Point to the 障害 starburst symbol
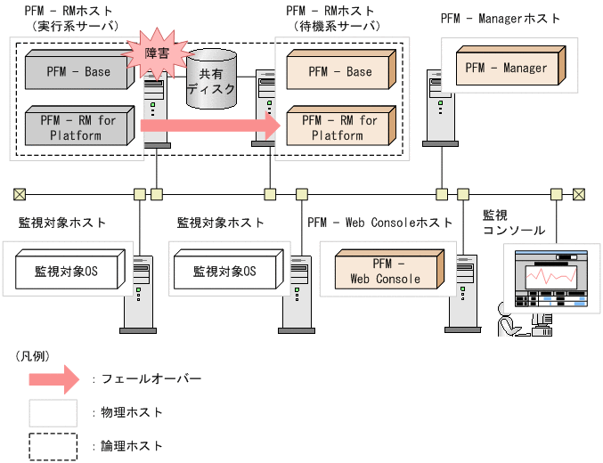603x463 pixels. coord(161,53)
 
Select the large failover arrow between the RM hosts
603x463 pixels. coord(210,126)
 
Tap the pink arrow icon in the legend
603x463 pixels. coord(54,378)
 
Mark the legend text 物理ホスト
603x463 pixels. coord(134,412)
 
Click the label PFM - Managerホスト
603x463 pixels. coord(501,19)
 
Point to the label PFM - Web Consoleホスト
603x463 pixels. coord(379,222)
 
